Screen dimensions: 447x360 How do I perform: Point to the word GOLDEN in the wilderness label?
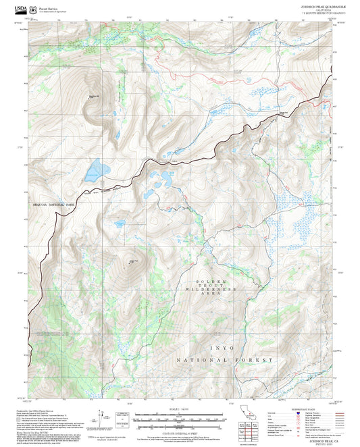click(210, 282)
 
